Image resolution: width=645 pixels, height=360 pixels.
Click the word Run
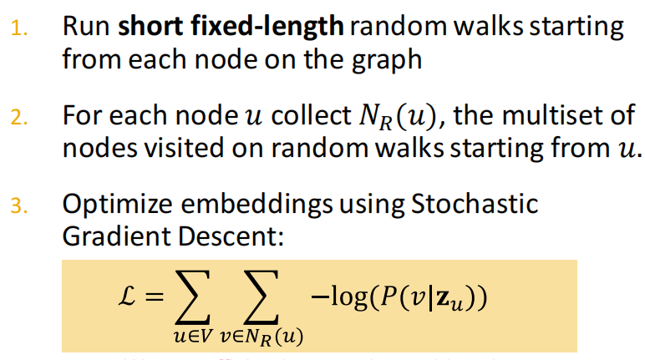86,27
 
